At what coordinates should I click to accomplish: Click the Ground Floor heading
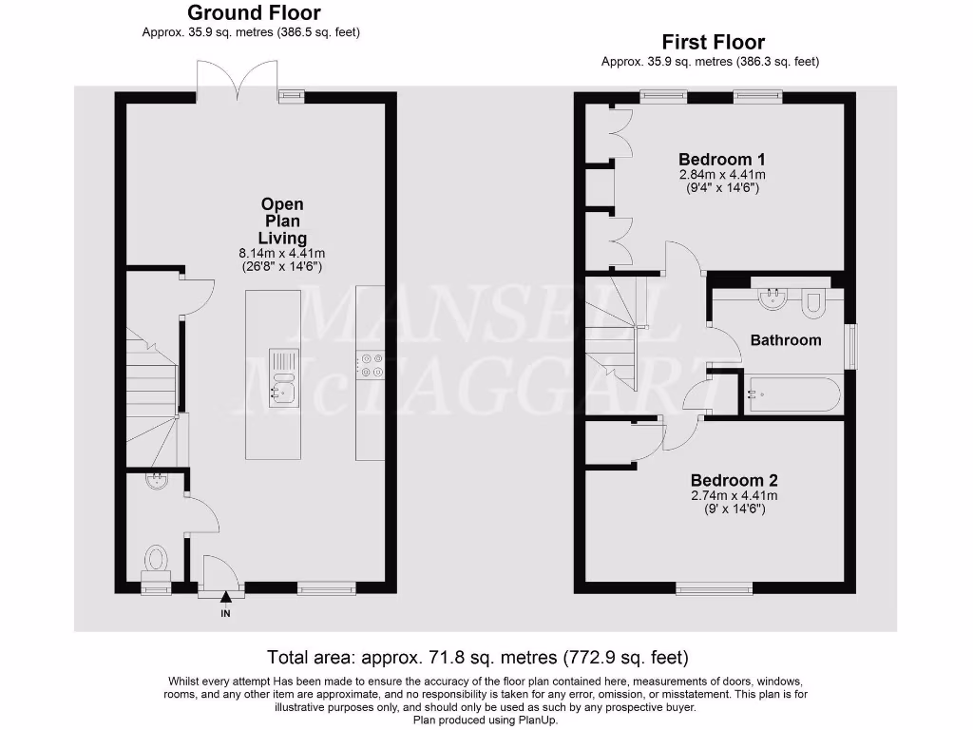tap(254, 13)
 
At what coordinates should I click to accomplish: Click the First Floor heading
tap(713, 42)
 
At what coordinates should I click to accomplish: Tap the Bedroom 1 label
tap(722, 159)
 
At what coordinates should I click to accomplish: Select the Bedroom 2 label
tap(734, 480)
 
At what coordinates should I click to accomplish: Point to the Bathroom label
tap(786, 339)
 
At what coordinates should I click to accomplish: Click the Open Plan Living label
tap(282, 221)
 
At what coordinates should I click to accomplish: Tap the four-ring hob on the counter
tap(370, 366)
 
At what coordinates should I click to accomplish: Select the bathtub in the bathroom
tap(792, 394)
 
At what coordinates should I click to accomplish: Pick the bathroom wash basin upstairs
tap(773, 299)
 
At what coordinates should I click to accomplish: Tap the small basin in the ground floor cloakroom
tap(156, 481)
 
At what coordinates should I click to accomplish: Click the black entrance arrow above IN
tap(225, 598)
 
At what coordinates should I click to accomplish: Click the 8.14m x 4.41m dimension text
tap(281, 254)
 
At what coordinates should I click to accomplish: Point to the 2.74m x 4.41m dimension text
tap(734, 495)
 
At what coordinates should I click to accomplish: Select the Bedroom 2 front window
tap(715, 589)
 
